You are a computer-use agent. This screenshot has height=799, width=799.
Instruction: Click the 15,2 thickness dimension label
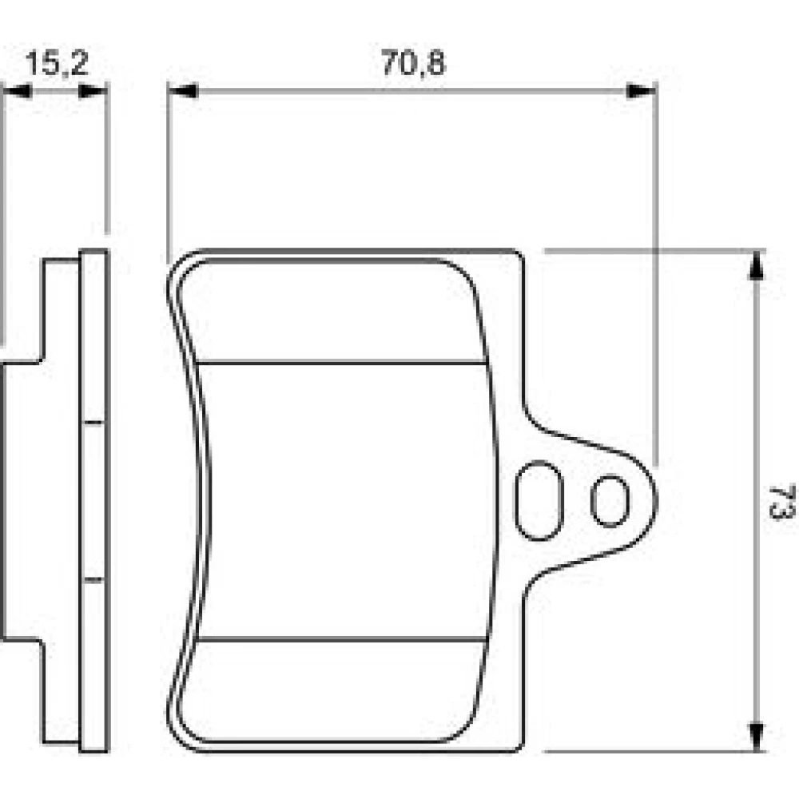(57, 62)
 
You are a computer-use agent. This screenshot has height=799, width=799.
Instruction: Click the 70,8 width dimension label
(413, 62)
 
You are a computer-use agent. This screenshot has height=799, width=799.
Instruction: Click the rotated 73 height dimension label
(781, 503)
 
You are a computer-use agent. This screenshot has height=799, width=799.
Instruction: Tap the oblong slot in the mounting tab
(539, 500)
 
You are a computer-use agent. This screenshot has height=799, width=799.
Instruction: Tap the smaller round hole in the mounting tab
(610, 501)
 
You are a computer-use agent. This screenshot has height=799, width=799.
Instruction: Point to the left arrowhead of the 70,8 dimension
(182, 92)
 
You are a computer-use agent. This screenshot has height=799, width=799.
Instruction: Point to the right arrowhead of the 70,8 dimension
(641, 92)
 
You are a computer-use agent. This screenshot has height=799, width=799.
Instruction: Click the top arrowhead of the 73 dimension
(757, 265)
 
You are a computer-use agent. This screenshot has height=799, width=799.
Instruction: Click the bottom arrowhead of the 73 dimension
(757, 737)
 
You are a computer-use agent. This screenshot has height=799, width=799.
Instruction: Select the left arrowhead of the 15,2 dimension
(17, 92)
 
